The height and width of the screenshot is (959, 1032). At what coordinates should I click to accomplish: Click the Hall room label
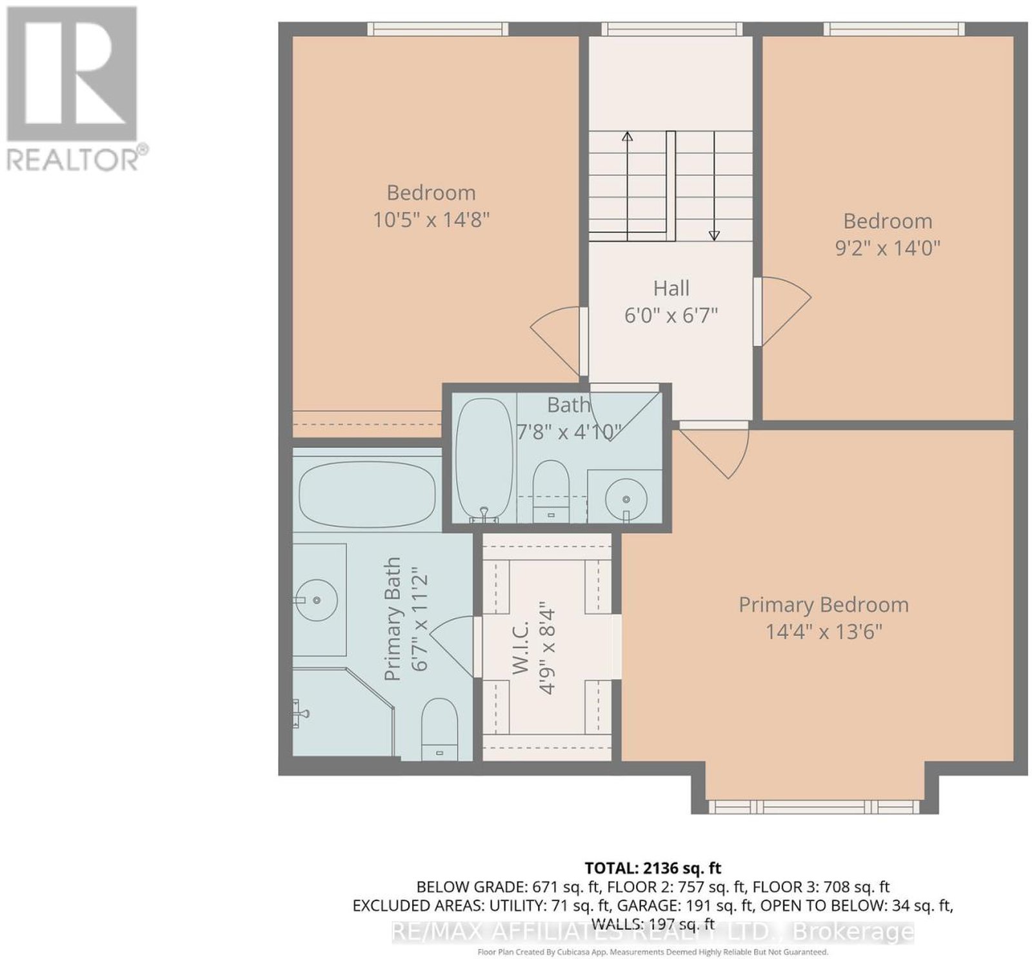coord(671,288)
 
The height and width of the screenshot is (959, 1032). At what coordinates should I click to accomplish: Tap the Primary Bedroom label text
coord(824,605)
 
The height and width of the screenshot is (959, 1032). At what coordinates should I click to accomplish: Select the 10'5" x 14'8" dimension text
coord(432,220)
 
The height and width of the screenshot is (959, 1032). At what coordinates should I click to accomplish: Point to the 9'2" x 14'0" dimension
coord(888,248)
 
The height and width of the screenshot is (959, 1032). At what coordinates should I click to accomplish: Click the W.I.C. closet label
coord(521,648)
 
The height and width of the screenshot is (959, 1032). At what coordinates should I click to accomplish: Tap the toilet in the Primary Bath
coord(439,729)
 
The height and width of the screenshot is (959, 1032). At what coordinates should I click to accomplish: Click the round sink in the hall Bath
coord(626,499)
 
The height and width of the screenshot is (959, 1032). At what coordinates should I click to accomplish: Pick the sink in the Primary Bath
coord(315,600)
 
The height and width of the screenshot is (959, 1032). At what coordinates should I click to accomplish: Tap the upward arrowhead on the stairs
coord(627,136)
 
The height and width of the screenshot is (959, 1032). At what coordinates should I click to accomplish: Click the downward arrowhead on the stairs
coord(714,235)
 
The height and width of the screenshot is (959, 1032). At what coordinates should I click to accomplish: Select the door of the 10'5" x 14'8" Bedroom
coord(557,341)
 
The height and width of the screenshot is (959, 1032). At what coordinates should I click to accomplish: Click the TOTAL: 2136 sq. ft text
coord(653,867)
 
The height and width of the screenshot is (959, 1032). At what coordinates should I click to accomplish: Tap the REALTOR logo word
coord(72,159)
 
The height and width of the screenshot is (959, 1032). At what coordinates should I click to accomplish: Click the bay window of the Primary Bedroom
coord(814,807)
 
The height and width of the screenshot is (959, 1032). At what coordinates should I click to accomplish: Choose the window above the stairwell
coord(671,28)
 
